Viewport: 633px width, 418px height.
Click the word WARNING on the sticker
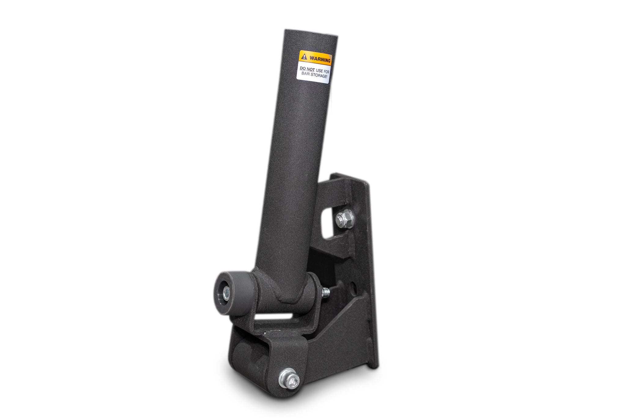coord(320,59)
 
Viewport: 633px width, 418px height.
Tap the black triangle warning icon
coord(304,57)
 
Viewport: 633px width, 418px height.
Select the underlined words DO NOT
coord(307,69)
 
